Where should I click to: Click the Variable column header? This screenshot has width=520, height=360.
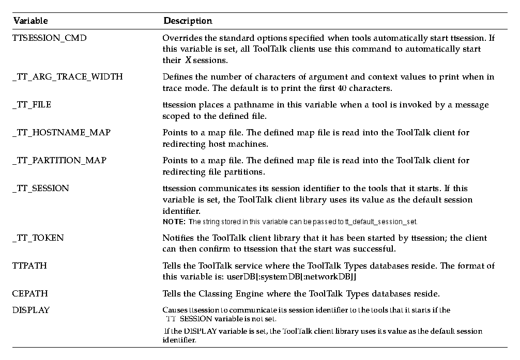(x=30, y=21)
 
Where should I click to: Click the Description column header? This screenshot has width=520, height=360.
(x=188, y=21)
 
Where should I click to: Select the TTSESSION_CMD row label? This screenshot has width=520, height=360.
(x=46, y=38)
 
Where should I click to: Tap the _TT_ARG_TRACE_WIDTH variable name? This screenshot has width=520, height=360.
(x=67, y=77)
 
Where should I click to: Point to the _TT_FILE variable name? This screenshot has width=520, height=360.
(x=32, y=105)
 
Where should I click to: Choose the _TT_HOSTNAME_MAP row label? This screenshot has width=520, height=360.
(x=61, y=133)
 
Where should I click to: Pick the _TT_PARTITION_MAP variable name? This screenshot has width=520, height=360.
(x=59, y=161)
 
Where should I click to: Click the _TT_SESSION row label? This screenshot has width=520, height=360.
(x=40, y=189)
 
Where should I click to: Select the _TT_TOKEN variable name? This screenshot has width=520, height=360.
(x=38, y=238)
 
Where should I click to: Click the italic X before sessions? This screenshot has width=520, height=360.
(x=189, y=60)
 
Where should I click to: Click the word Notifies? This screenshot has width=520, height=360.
(x=178, y=238)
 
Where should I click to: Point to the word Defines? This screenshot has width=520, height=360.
(x=176, y=77)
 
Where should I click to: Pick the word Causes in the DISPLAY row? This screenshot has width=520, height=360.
(x=174, y=310)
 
